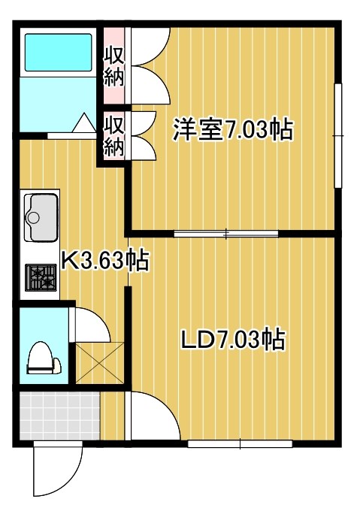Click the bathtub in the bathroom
pos(58,50)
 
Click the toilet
pos(43,358)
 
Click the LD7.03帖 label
pos(233,340)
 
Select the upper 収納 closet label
pos(113,66)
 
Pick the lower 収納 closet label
pos(113,136)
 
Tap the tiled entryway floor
pos(59,416)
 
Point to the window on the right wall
pos(339,135)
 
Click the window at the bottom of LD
pos(240,444)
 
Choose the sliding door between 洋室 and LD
pos(226,233)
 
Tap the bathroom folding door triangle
pos(83,123)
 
